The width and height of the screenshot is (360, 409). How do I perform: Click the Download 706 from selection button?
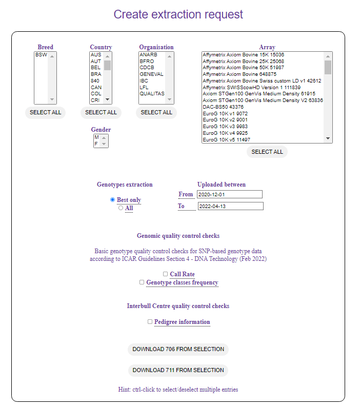pos(178,349)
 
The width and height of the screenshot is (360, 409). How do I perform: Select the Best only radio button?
pos(113,199)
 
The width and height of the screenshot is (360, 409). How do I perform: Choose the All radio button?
pos(121,208)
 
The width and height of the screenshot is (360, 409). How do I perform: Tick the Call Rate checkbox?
pos(166,274)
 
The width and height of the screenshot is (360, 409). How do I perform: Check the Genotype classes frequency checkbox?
pos(142,282)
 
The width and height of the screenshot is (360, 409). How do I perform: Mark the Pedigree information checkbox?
pos(150,322)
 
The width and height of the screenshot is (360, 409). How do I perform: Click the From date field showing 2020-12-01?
pos(229,194)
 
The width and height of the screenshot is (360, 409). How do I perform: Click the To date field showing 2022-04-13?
pos(230,206)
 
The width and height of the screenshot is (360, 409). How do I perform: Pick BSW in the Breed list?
pos(42,55)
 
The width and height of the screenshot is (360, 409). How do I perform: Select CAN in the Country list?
pos(96,87)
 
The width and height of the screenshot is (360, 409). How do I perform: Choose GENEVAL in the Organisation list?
pos(151,74)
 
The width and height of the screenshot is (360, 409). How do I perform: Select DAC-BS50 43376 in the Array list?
pos(223,107)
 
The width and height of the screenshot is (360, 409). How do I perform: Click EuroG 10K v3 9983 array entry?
pos(225,126)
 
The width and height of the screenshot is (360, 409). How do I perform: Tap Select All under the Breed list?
pos(45,112)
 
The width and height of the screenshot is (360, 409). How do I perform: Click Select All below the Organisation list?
pos(156,112)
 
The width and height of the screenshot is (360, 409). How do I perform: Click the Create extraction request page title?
pos(178,14)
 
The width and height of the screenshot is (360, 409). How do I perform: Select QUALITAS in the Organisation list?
pos(152,94)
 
